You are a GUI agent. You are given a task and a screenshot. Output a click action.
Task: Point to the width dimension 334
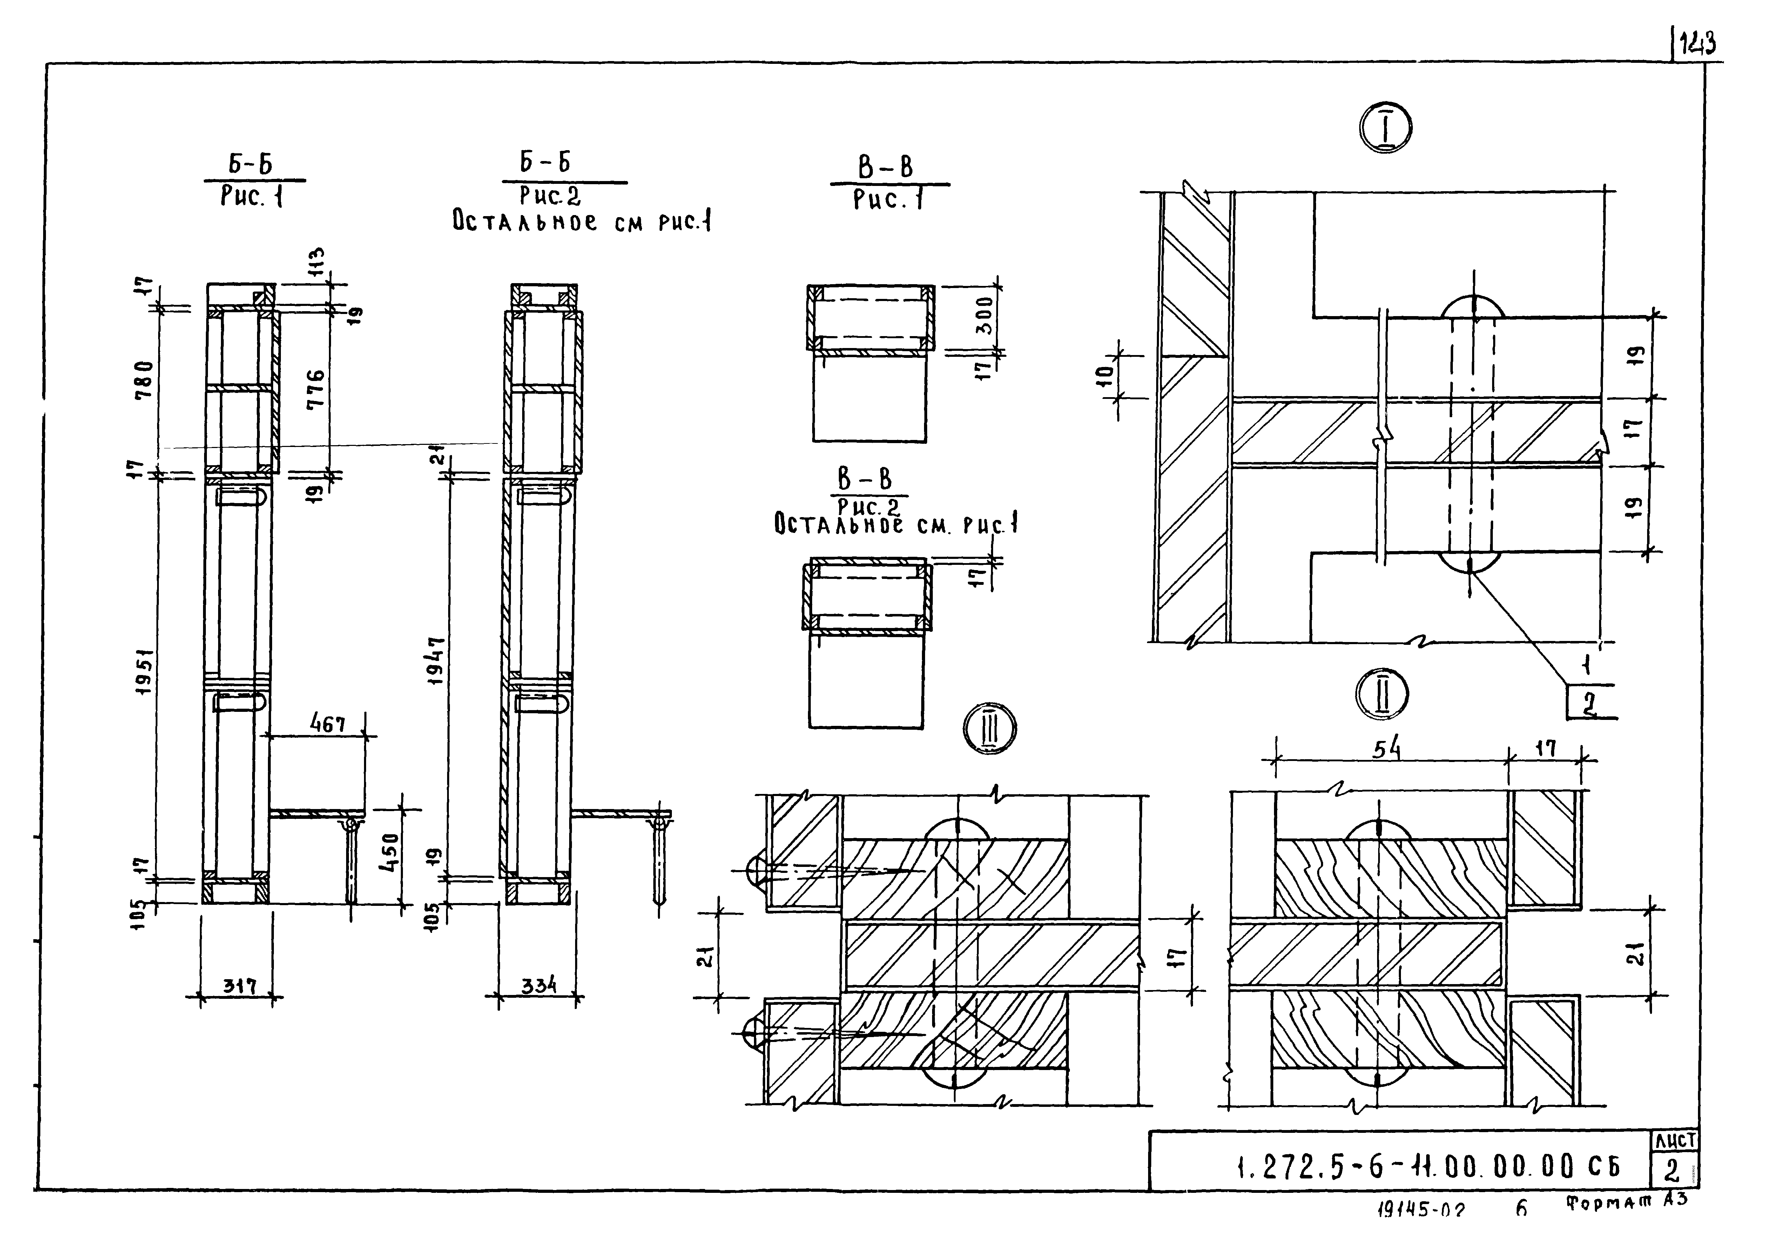point(538,986)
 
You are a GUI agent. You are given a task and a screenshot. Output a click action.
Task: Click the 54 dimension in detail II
point(1388,750)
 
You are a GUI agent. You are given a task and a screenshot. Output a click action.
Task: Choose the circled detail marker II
point(1382,695)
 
